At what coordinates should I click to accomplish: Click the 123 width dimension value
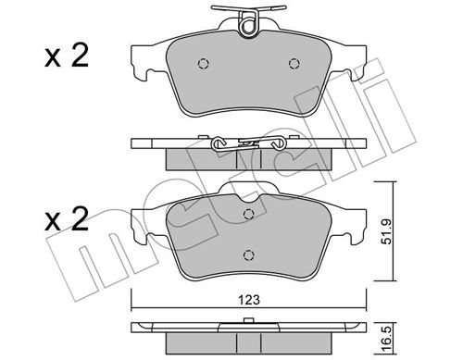[249, 300]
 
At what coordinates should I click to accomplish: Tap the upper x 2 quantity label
[67, 56]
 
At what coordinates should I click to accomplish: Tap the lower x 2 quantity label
[67, 219]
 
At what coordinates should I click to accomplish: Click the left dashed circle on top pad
[204, 64]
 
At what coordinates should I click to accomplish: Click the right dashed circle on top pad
[294, 64]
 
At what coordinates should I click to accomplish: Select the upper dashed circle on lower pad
[248, 214]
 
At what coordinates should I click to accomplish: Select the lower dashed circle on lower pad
[248, 254]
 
